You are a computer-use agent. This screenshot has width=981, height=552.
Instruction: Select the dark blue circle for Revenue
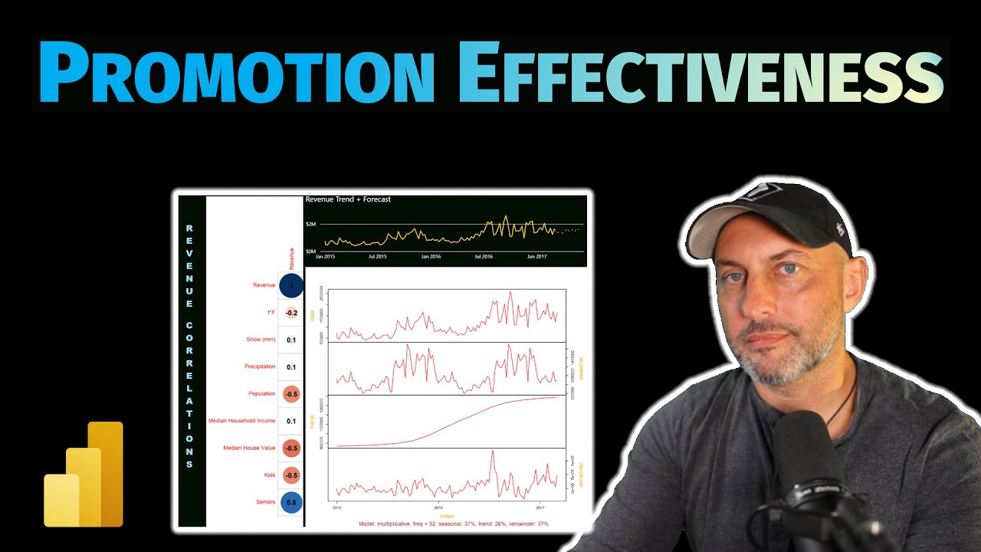pos(291,285)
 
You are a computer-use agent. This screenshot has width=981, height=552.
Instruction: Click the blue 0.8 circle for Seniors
pos(291,503)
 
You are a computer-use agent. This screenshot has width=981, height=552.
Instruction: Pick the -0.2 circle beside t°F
pos(291,313)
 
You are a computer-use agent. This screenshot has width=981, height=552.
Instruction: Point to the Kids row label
pos(269,475)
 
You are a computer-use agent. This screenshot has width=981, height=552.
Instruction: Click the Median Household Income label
pos(241,421)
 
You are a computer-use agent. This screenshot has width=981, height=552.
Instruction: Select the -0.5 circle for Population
pos(291,394)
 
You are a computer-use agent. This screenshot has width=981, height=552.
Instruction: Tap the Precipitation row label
pos(260,366)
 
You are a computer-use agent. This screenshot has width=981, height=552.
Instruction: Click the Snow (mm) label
pos(260,340)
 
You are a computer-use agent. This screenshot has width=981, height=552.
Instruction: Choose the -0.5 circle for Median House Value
pos(291,449)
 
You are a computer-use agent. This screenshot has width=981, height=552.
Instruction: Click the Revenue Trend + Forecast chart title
pos(348,199)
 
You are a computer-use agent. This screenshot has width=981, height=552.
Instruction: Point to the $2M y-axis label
pos(311,224)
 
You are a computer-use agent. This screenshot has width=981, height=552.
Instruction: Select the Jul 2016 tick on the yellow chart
pos(484,257)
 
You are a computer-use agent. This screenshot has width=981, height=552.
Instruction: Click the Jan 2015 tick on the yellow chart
pos(325,257)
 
